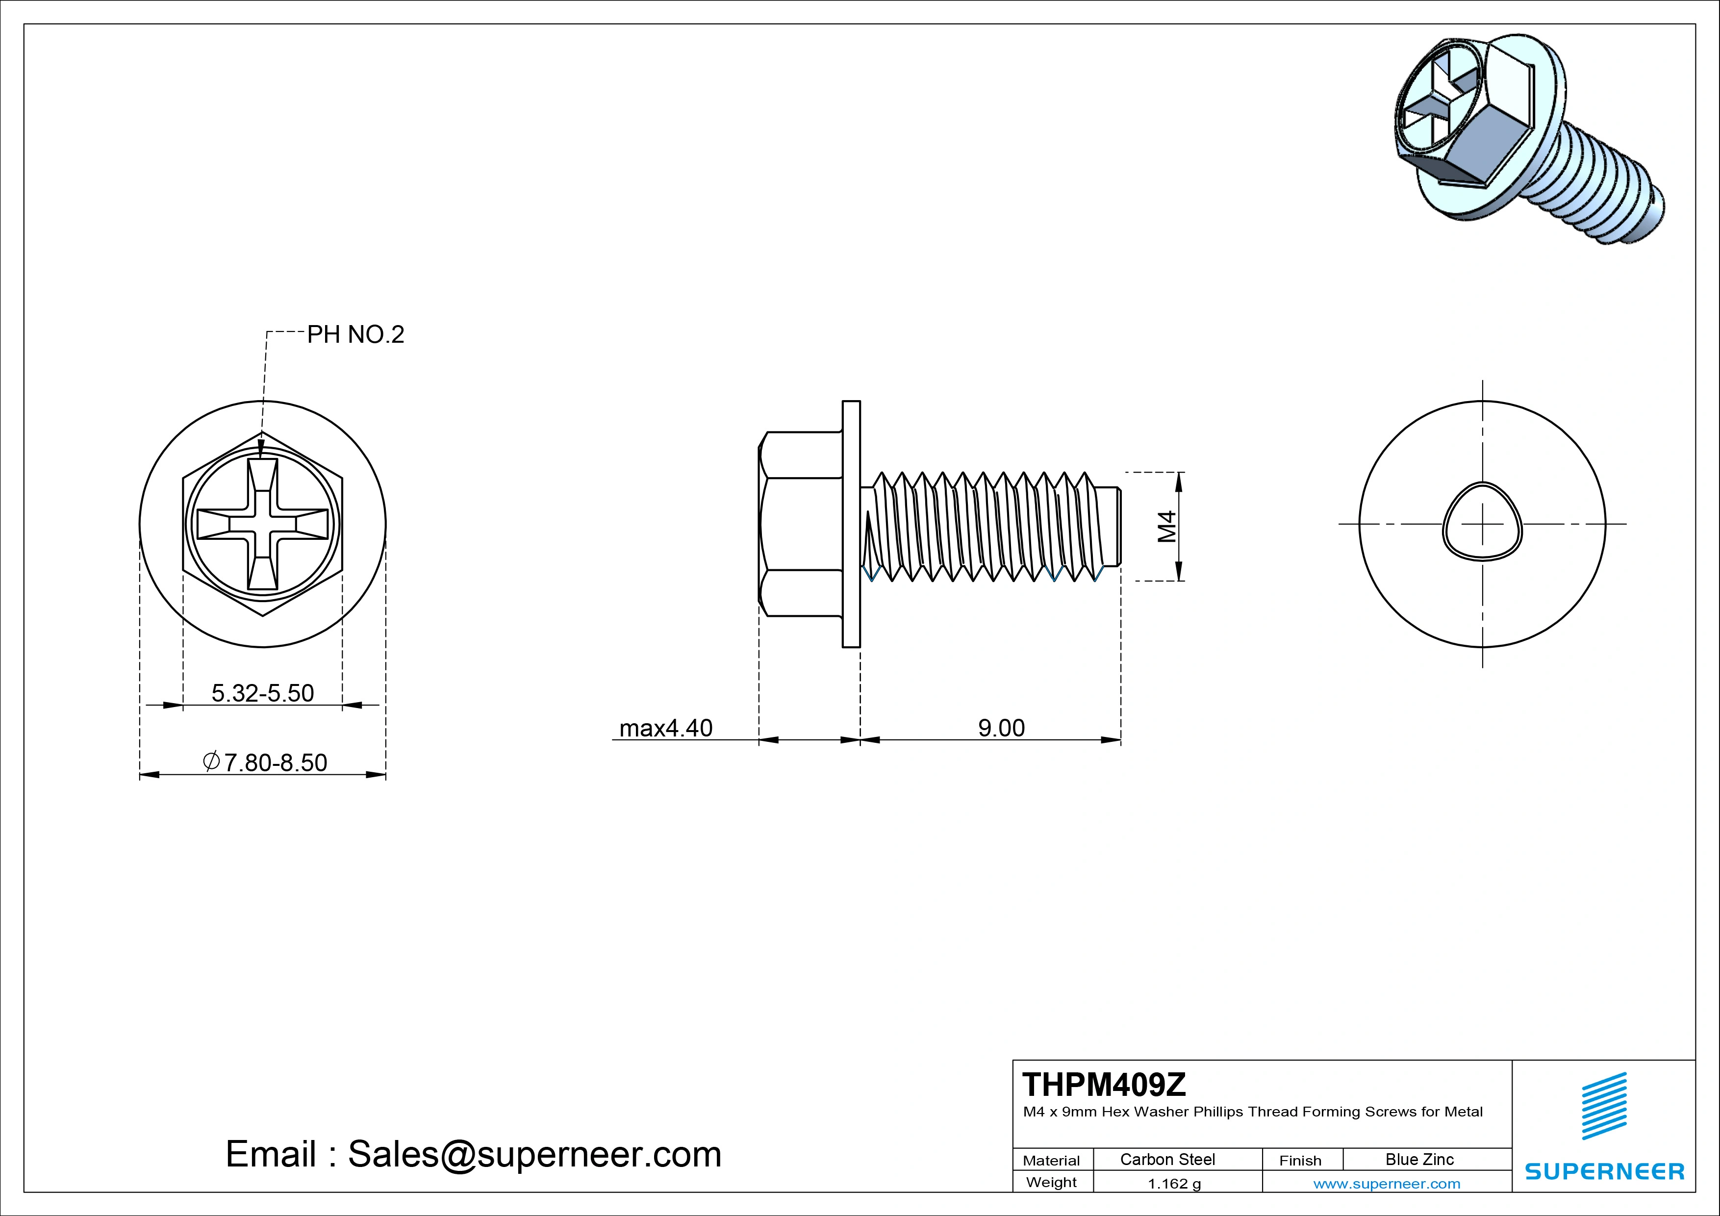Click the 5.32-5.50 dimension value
[x=262, y=693]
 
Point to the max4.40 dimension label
[x=665, y=728]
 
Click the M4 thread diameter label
[x=1167, y=526]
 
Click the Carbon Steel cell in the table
[x=1167, y=1159]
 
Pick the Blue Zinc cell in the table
[x=1419, y=1159]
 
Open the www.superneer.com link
[x=1387, y=1184]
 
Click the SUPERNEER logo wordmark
[x=1604, y=1171]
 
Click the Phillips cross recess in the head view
[x=262, y=524]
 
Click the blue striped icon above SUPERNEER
[x=1604, y=1106]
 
